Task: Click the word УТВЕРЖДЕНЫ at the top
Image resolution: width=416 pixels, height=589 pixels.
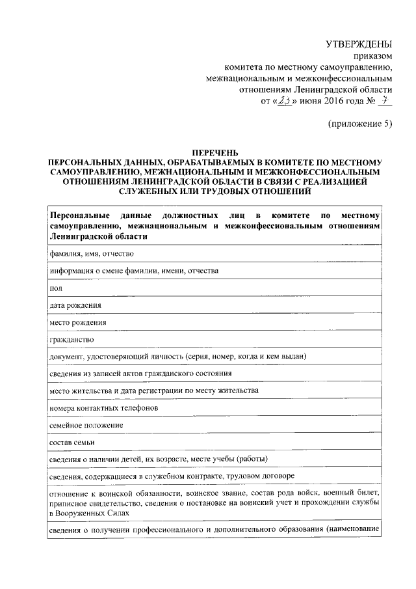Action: click(x=359, y=44)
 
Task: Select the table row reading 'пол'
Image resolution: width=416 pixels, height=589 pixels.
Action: click(x=56, y=287)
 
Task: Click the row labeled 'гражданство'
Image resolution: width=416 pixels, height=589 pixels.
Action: click(x=72, y=340)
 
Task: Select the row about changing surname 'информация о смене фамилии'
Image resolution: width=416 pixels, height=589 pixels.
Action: click(x=133, y=269)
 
